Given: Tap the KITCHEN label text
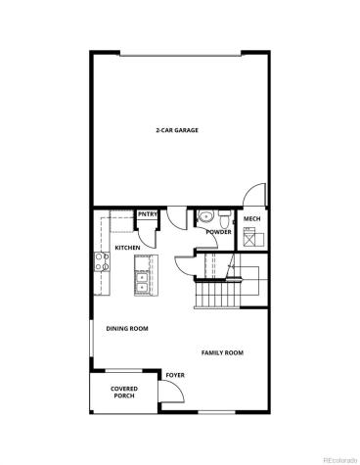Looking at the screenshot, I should (x=127, y=248).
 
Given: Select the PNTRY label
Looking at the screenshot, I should (x=148, y=214).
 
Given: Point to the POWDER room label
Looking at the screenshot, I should (x=219, y=232).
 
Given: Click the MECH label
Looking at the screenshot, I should (x=251, y=219).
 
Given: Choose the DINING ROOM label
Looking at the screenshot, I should (x=127, y=329).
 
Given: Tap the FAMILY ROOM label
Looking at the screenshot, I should (x=222, y=352).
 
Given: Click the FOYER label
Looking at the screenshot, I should (x=175, y=375).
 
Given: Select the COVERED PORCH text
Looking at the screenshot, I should (x=123, y=393).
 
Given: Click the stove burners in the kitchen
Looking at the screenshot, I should (x=101, y=261).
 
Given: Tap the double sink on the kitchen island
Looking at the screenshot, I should (x=142, y=282).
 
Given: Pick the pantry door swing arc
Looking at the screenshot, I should (x=148, y=235).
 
